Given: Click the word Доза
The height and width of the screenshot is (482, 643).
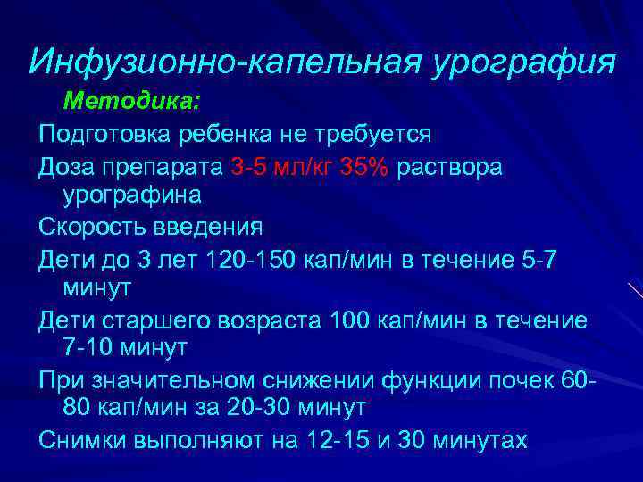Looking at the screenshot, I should click(64, 167).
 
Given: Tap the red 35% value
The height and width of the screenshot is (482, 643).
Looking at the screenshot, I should click(365, 167).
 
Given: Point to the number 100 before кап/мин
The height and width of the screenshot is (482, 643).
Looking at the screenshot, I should click(351, 319).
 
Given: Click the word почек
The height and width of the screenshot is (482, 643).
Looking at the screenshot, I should click(527, 379).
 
